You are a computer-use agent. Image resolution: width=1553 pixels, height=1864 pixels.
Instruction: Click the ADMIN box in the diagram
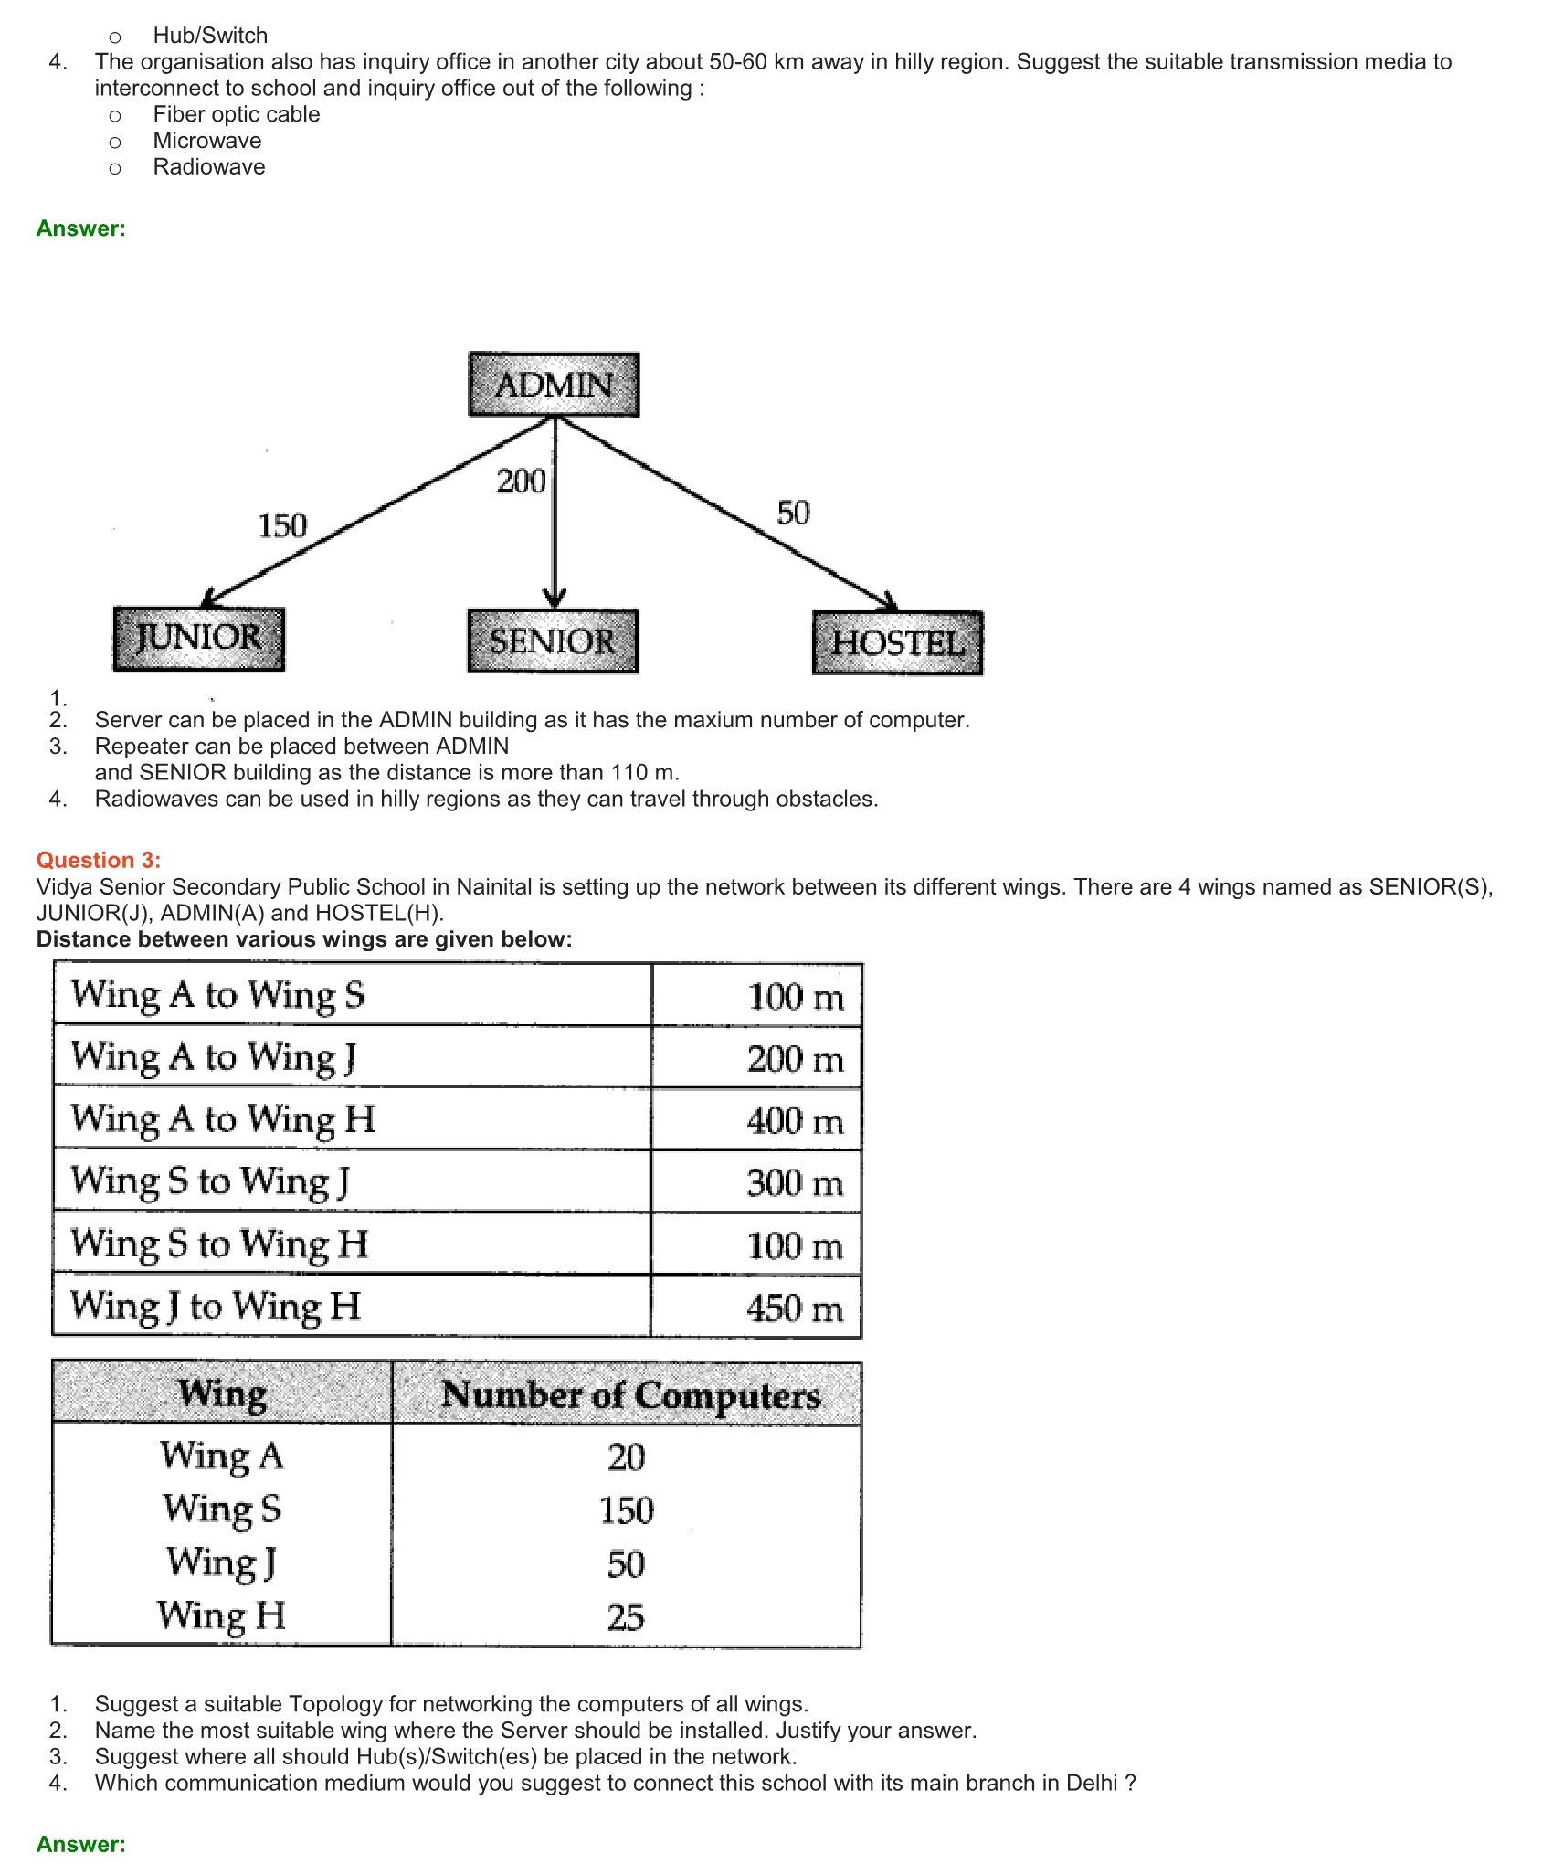[554, 385]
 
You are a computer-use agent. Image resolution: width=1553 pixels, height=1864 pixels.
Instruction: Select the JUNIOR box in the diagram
[199, 638]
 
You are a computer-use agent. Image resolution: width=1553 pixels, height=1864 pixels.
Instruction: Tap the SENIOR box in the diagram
[553, 641]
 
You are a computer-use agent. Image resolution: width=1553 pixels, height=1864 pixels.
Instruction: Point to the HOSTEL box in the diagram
[898, 643]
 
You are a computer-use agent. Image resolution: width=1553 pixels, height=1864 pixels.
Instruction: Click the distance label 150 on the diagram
[282, 526]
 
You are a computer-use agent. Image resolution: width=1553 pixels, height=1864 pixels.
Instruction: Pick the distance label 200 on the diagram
[521, 482]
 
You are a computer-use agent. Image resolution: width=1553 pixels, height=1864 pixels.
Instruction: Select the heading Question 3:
[99, 860]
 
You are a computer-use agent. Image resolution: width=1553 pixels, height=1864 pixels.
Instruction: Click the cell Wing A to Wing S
[218, 995]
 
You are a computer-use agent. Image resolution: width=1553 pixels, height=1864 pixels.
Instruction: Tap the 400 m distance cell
[795, 1121]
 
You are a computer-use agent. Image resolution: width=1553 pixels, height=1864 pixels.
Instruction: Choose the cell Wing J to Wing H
[216, 1306]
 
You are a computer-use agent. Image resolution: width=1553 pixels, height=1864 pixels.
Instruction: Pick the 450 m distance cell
[794, 1308]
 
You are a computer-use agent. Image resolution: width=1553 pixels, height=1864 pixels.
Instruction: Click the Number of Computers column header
[630, 1395]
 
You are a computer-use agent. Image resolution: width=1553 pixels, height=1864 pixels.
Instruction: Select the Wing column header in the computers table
[222, 1393]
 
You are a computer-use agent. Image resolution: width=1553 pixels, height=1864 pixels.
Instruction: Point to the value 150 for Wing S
[627, 1510]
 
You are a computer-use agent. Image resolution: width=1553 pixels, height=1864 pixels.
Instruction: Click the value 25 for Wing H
[627, 1617]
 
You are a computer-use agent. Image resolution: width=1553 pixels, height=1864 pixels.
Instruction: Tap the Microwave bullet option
[207, 141]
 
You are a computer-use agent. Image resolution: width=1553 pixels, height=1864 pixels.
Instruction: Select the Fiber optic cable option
[237, 114]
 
